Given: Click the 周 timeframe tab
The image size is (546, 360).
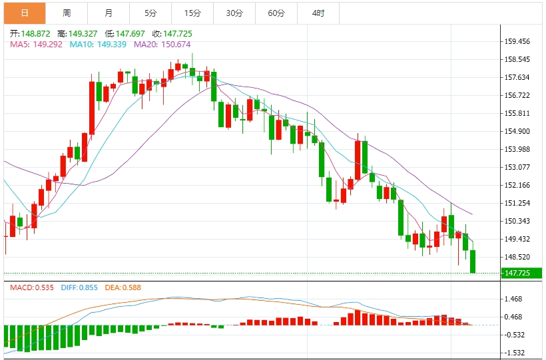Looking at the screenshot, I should point(67,13).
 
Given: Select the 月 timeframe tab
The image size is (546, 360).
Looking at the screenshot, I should point(109,13).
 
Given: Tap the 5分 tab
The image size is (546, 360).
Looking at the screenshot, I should point(150,13).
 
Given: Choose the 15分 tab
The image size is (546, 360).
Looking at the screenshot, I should point(192,13).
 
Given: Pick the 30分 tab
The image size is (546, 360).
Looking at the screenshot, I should point(234,13).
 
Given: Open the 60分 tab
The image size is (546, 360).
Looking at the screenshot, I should point(276,13).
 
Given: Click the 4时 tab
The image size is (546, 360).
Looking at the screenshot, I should point(318,13).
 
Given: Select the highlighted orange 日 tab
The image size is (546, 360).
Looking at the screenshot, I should point(25,13).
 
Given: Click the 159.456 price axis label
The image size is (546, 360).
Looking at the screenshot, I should point(517,41).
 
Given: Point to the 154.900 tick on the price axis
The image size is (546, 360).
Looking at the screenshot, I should point(517,131).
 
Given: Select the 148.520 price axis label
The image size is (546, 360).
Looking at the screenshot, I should point(517,257).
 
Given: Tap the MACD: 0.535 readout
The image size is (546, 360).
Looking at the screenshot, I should point(31,287).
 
